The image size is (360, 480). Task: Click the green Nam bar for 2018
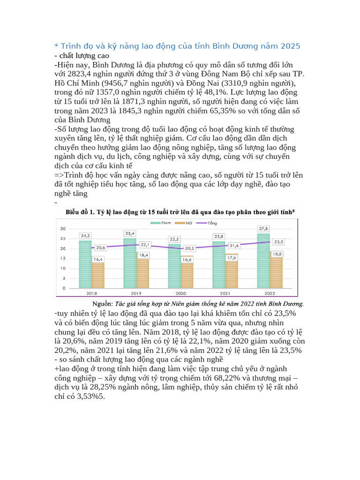pos(85,262)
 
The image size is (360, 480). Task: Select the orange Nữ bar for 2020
pos(187,275)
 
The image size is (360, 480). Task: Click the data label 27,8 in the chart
pos(263,228)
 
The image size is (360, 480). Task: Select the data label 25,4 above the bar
pos(130,233)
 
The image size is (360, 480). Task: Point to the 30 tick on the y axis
pos(62,228)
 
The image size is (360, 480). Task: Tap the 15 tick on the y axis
pos(62,259)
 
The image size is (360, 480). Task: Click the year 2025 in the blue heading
pos(290,46)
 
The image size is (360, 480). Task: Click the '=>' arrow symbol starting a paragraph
pos(60,175)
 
